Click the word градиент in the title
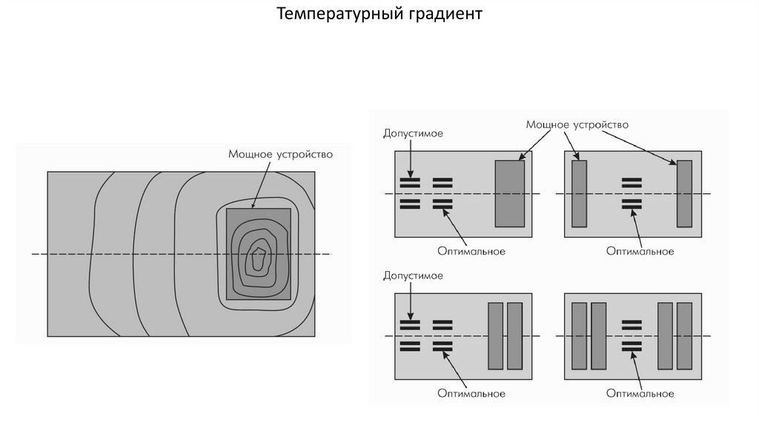(x=443, y=14)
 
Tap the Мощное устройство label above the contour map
(x=276, y=155)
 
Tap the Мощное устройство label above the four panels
(x=577, y=124)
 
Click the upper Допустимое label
(x=413, y=133)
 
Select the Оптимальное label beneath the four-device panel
(x=640, y=393)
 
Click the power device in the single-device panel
(x=509, y=193)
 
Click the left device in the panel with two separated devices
(x=580, y=193)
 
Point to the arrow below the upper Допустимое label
(x=409, y=157)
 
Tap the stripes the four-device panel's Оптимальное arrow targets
(x=632, y=344)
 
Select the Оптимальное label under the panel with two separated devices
(x=640, y=251)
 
